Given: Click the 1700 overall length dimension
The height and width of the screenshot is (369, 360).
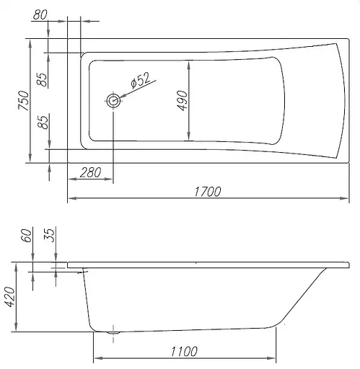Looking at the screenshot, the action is pos(207,192).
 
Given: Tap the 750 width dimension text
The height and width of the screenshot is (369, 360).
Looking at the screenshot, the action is pos(24,100).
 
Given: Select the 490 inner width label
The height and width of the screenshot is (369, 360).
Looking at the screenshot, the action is pos(182,101).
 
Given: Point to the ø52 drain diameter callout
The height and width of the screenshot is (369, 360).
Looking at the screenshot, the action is pos(140,79).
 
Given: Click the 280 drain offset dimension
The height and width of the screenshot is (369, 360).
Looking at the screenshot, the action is pos(90,172).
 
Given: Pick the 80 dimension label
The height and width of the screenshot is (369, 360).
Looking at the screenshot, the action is pos(40,14).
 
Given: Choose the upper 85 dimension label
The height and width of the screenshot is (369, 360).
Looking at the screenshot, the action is pos(43,79).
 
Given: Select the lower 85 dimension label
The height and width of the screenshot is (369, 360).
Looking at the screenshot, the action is pos(44,123).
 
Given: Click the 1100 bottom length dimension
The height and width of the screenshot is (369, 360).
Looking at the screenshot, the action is pos(184,352).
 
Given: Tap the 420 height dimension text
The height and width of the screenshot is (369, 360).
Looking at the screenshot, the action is pos(10,296).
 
